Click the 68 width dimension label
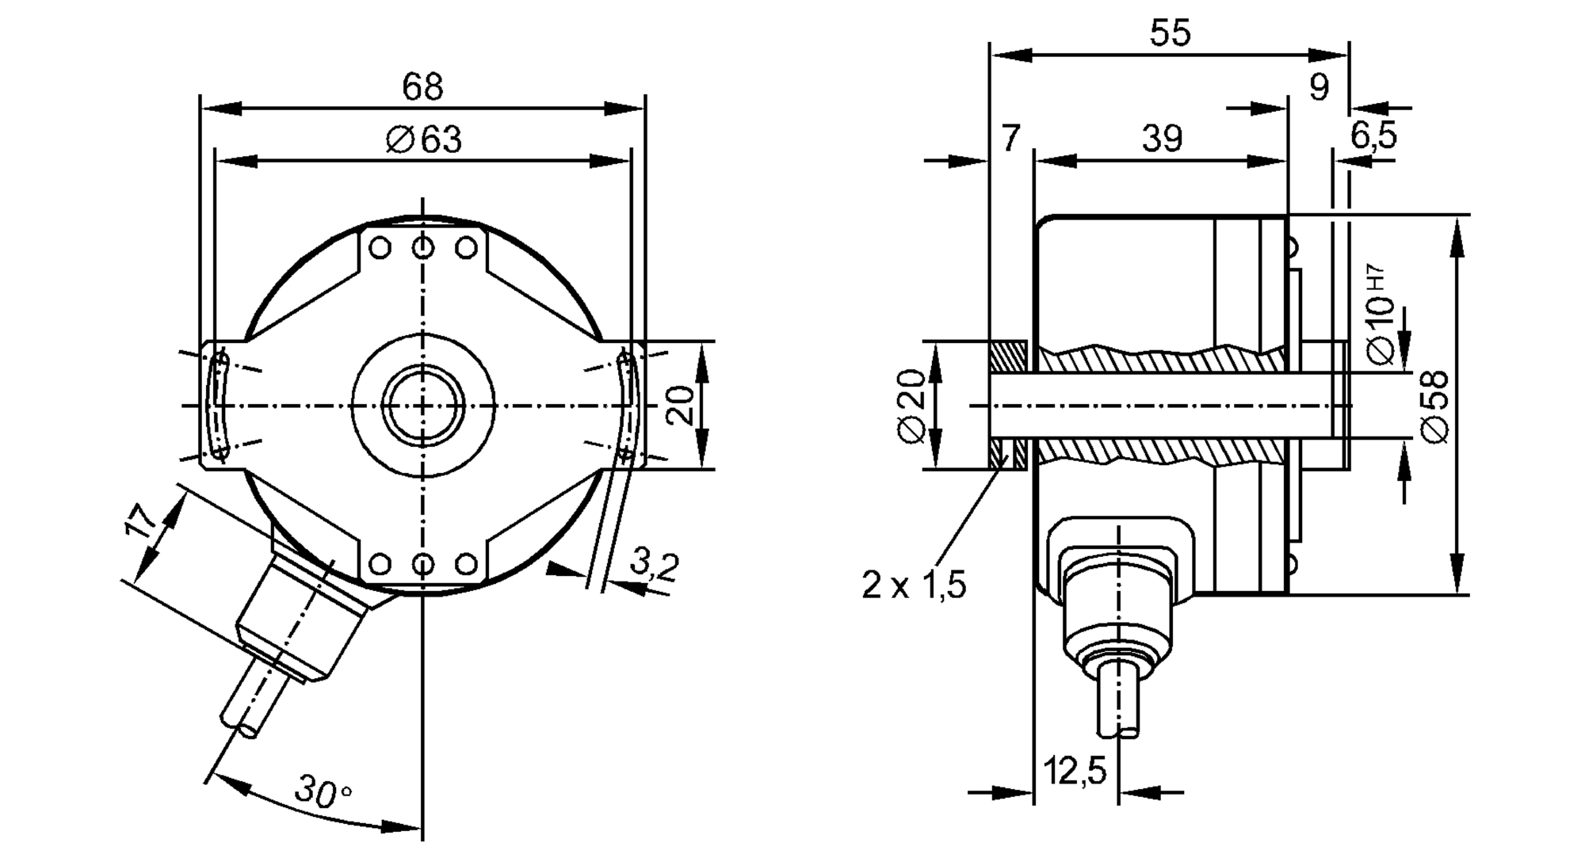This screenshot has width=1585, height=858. tap(422, 86)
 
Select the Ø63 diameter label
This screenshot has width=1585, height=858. tap(424, 139)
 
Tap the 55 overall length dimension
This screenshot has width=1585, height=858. tap(1170, 33)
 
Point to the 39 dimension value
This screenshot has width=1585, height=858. tap(1162, 139)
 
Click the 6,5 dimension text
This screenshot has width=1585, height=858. tap(1373, 136)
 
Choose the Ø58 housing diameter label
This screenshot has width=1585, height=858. tap(1436, 406)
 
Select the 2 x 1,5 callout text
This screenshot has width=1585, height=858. tap(914, 585)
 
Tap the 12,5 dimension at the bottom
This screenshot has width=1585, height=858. tap(1075, 770)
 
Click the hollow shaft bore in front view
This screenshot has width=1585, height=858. tap(423, 405)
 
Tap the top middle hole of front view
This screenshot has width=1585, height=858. tap(423, 248)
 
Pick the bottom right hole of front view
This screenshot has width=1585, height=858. tap(466, 564)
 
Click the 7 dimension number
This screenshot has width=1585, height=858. tap(1009, 139)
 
